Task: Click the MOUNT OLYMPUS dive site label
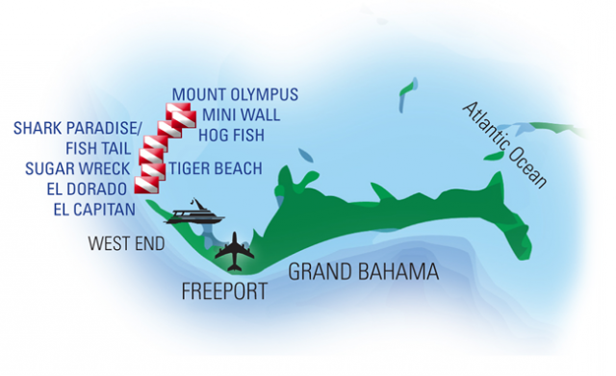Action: [x=235, y=95]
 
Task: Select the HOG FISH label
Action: [x=227, y=135]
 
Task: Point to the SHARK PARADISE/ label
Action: [x=77, y=129]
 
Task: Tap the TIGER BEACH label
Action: [x=216, y=169]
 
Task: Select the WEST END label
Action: [x=126, y=243]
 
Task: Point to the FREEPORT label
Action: [x=224, y=291]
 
